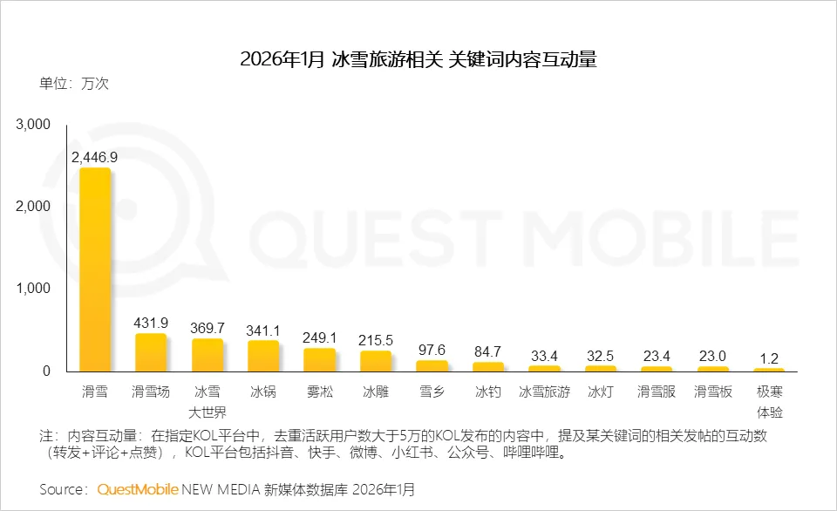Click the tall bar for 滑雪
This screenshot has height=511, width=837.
tap(95, 270)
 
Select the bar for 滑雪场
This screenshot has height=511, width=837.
tap(151, 353)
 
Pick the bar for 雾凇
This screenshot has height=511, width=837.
tap(319, 360)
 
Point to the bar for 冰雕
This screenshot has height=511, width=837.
tap(376, 362)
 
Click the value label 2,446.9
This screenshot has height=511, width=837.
tap(95, 157)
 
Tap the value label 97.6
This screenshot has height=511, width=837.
tap(432, 349)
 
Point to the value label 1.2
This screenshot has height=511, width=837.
tap(769, 357)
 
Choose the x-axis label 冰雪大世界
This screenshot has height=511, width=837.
tap(208, 401)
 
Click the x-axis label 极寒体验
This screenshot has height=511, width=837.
tap(769, 401)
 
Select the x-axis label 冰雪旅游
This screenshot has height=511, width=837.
tap(544, 392)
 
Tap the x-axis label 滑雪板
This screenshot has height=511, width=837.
tap(713, 392)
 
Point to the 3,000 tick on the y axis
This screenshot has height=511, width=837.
tap(34, 125)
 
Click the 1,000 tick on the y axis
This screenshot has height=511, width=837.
tap(34, 289)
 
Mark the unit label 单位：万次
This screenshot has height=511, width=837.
tap(73, 85)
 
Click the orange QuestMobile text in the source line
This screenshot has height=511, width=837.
tap(139, 488)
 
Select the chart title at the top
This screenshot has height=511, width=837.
tap(418, 60)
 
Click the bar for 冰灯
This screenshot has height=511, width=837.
tap(601, 369)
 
